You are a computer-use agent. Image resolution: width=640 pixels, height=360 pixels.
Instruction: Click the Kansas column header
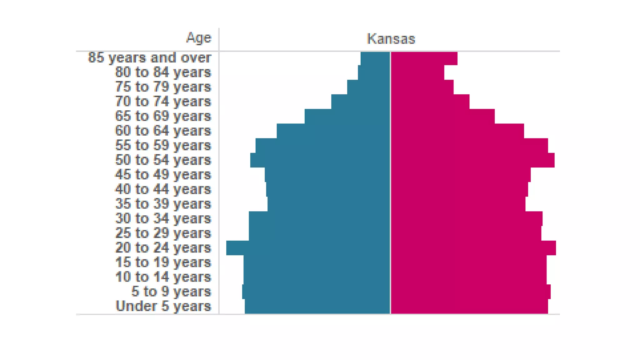391,39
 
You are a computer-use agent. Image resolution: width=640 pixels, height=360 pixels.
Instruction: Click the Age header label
199,38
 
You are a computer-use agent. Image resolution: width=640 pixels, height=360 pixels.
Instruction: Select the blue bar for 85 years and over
375,58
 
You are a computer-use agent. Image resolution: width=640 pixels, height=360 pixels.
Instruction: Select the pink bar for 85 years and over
424,58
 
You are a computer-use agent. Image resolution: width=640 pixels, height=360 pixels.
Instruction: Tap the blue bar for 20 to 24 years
308,248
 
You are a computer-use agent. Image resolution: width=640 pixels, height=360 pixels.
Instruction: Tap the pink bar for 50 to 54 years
472,160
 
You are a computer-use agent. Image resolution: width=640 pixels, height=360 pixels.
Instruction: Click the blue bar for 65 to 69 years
347,116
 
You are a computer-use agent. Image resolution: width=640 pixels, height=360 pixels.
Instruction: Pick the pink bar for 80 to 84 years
417,72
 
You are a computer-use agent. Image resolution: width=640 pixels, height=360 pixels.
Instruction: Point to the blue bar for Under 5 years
317,306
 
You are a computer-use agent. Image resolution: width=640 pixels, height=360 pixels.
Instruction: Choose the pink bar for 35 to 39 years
458,204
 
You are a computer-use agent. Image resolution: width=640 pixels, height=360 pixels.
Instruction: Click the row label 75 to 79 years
163,87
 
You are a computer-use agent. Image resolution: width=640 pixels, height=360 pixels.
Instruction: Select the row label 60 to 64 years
163,131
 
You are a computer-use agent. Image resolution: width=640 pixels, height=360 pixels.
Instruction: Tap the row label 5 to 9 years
171,292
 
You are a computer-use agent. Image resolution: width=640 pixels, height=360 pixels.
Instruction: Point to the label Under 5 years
163,306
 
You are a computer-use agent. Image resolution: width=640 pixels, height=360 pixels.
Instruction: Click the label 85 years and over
150,58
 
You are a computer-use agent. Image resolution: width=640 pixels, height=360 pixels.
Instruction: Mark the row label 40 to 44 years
163,189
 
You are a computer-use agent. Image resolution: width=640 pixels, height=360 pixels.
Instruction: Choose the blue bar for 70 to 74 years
361,102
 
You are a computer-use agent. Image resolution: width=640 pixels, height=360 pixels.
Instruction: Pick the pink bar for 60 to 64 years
457,131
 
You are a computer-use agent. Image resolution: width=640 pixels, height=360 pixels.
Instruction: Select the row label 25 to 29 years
163,233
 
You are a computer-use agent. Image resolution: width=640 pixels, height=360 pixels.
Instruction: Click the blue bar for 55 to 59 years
323,145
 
